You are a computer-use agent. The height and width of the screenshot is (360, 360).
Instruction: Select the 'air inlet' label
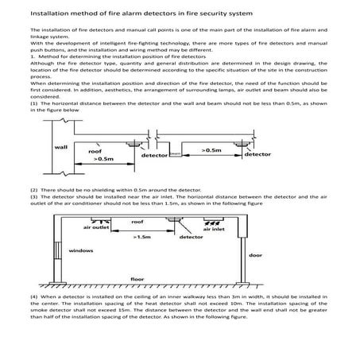(215, 230)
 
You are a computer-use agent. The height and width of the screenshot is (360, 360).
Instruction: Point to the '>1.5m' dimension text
(144, 236)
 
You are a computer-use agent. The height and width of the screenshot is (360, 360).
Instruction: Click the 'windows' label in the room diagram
(80, 250)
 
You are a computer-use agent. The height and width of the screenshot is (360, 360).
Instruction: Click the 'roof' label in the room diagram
(137, 223)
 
